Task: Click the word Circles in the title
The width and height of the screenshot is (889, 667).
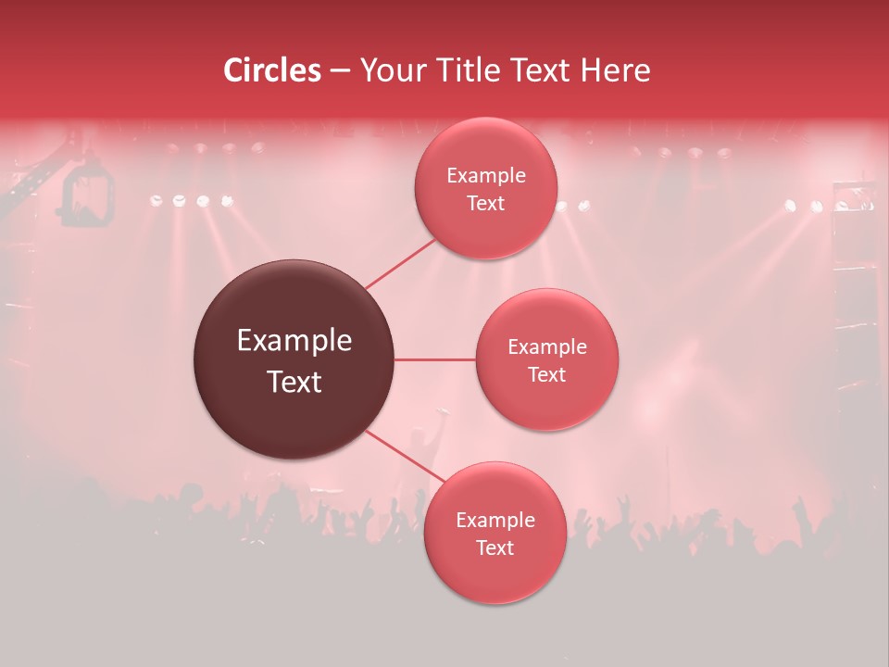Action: pyautogui.click(x=271, y=70)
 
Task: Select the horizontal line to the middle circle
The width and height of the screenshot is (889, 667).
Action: pyautogui.click(x=435, y=359)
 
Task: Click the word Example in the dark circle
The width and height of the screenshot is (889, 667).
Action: pyautogui.click(x=294, y=341)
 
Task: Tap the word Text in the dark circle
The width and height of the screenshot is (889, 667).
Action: pyautogui.click(x=294, y=381)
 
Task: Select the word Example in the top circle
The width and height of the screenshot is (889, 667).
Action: pyautogui.click(x=485, y=176)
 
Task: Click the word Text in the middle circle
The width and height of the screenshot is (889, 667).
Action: pyautogui.click(x=547, y=375)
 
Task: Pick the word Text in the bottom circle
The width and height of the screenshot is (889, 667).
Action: pyautogui.click(x=495, y=548)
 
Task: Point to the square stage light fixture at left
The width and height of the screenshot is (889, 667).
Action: pyautogui.click(x=88, y=196)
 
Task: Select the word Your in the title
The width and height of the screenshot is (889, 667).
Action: pyautogui.click(x=388, y=70)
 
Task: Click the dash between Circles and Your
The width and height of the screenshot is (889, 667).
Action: pyautogui.click(x=340, y=71)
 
